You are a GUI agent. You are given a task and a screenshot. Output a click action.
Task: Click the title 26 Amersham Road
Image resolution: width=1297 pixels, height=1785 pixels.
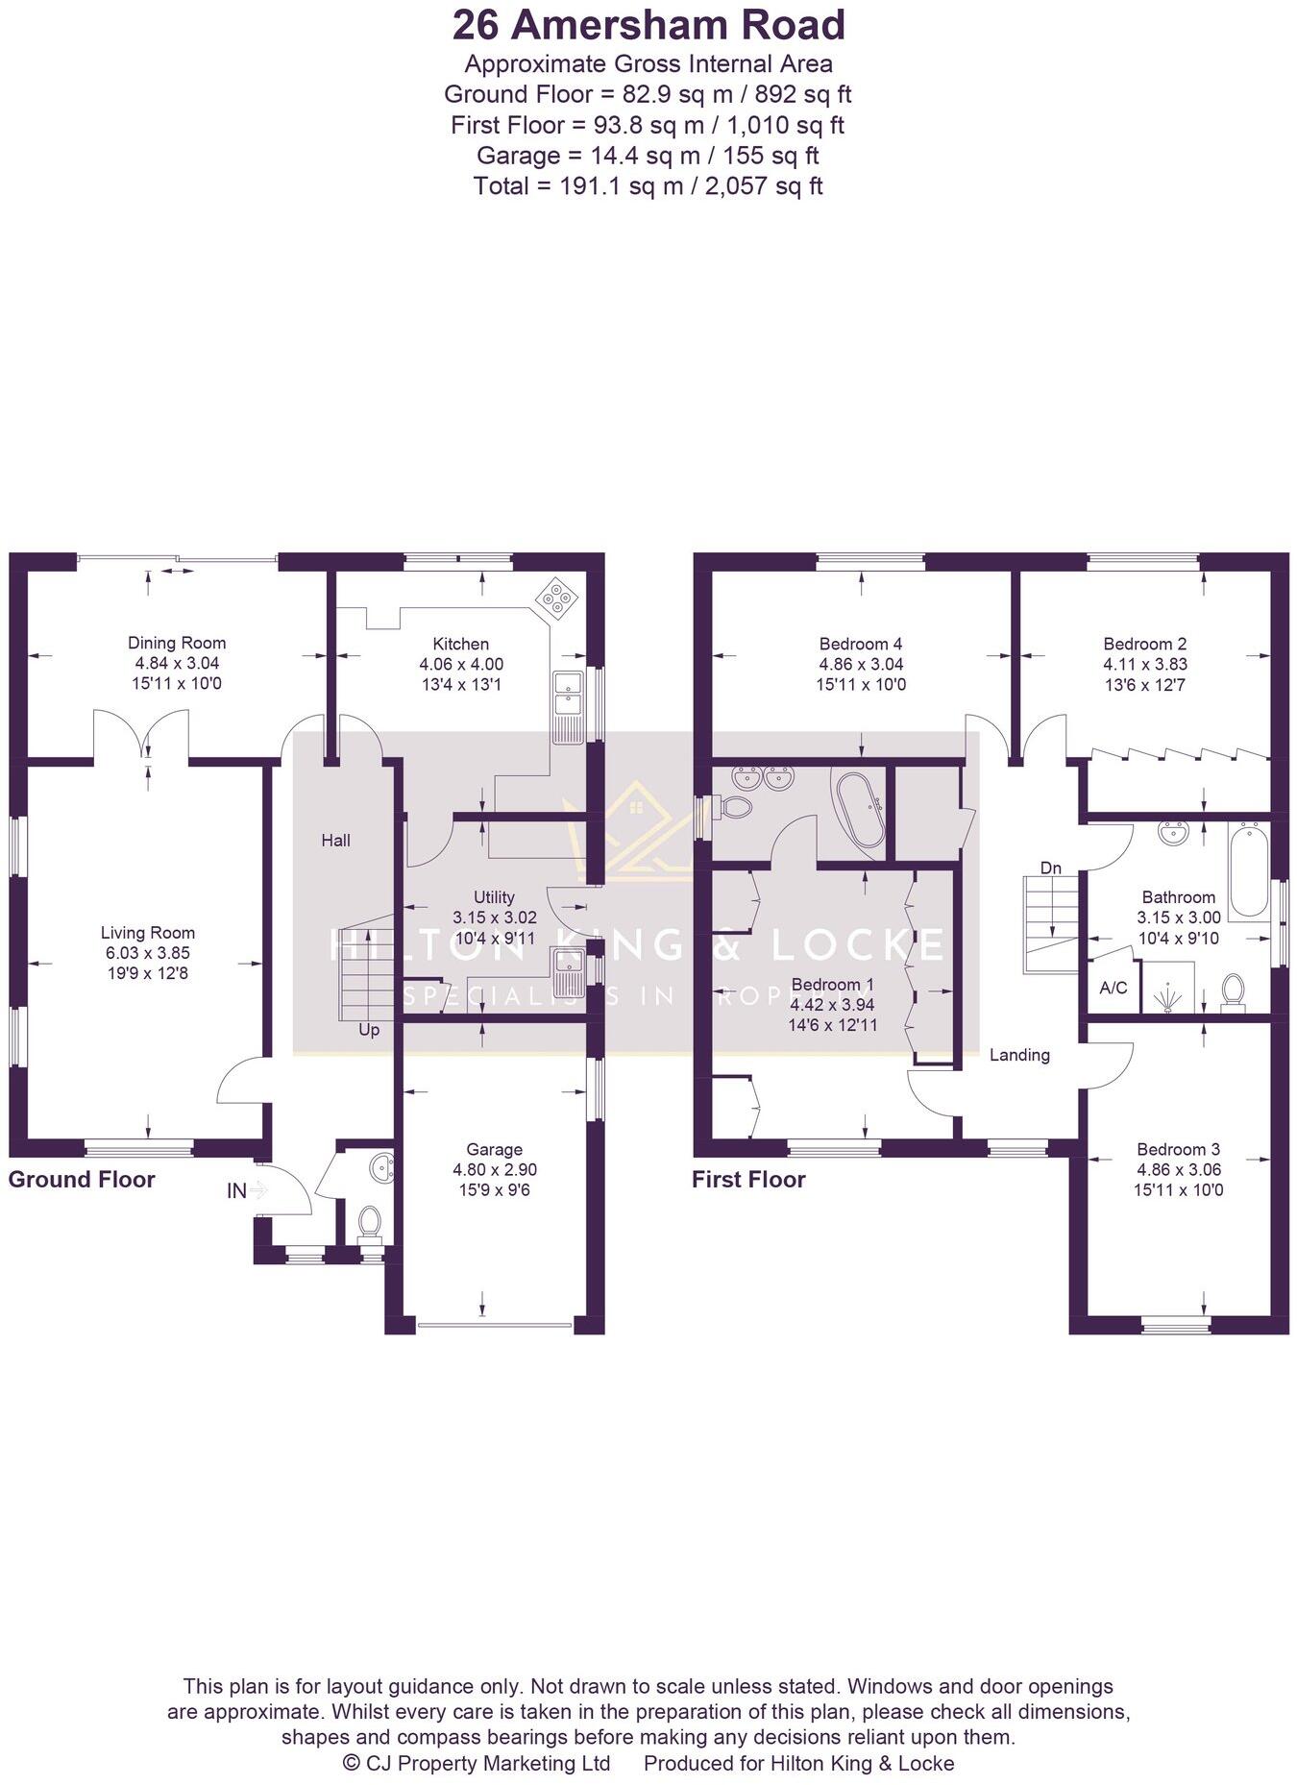click(648, 26)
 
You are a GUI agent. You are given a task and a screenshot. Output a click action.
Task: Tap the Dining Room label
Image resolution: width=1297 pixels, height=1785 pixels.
click(177, 643)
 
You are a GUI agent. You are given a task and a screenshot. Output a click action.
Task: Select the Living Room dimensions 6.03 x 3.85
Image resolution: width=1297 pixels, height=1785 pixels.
click(148, 953)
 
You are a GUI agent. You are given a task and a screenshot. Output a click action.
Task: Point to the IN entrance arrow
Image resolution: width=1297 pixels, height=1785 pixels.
click(258, 1190)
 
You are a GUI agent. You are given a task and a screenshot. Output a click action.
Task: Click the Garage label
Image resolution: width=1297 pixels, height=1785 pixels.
click(494, 1149)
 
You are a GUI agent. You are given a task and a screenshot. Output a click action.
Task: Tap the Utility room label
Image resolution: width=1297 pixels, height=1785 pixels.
click(494, 897)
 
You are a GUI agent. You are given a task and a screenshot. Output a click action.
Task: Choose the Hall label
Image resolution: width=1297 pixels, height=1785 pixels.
click(335, 841)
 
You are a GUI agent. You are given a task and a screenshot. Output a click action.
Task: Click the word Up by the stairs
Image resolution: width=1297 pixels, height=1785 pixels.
click(369, 1030)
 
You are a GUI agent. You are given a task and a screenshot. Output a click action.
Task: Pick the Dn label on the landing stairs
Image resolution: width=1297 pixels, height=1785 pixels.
click(1051, 868)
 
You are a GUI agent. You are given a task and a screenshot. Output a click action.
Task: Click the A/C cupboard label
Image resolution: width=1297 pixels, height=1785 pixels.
click(1113, 988)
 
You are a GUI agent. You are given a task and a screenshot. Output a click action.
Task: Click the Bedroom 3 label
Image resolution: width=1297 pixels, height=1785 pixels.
click(1178, 1149)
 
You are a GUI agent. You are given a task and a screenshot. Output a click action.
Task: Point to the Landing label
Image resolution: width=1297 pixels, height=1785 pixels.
click(1019, 1055)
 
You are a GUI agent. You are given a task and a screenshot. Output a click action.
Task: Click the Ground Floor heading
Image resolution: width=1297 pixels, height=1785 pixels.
click(82, 1180)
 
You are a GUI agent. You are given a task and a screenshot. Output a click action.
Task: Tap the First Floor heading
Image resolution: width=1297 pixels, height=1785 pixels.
click(748, 1180)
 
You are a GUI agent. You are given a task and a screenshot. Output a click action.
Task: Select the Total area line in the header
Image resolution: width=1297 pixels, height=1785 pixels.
click(648, 185)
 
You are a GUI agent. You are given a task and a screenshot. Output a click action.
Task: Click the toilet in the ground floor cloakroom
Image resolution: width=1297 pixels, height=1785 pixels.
click(369, 1223)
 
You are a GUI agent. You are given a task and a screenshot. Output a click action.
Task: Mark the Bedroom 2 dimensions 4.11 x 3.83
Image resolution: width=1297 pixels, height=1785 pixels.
click(1145, 664)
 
